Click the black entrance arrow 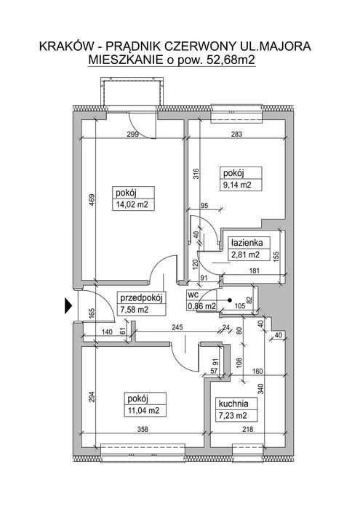[68, 305]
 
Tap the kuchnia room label [233, 404]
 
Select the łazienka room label [247, 242]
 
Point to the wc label [192, 295]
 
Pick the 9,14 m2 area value [237, 185]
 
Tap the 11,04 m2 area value [144, 410]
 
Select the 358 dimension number [143, 429]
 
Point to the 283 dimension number [236, 134]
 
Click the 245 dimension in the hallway [177, 327]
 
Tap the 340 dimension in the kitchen [260, 388]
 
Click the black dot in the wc [230, 300]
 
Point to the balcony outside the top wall [132, 92]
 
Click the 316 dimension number [197, 174]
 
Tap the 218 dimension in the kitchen [247, 429]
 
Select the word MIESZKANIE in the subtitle [126, 60]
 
